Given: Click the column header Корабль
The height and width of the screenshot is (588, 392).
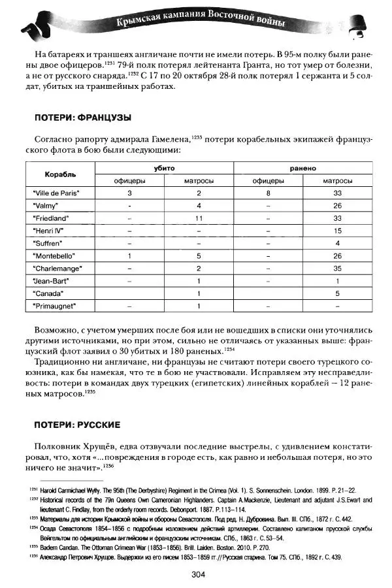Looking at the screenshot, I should tap(60, 174).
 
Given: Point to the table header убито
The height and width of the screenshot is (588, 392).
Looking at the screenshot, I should tap(165, 168).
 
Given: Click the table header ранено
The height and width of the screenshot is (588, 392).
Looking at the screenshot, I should tap(304, 168).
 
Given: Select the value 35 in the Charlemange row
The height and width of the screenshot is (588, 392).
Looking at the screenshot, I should tap(338, 268).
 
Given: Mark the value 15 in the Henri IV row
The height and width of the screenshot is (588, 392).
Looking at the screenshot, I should tap(338, 230).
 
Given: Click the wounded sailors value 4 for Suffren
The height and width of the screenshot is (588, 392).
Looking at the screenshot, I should tap(338, 242).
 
